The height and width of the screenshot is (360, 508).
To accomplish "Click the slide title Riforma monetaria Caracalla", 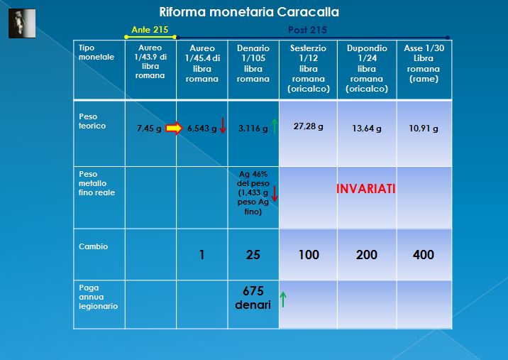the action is (249, 12).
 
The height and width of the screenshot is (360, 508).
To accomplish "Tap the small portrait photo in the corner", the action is (22, 23).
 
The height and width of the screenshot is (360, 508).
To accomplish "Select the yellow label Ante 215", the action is (150, 30).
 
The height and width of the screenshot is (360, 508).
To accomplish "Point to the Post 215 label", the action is (307, 30).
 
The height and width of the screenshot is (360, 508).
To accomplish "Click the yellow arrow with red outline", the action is (174, 128).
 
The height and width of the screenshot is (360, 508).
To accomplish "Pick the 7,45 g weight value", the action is (149, 129).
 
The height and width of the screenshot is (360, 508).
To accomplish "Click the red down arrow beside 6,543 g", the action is (223, 126).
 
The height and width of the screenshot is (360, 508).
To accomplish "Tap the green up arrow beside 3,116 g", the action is (275, 126).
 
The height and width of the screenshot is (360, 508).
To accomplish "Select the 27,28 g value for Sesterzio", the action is (308, 126).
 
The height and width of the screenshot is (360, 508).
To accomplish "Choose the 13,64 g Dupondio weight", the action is (367, 129).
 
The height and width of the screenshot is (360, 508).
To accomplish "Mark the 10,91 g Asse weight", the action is (424, 129).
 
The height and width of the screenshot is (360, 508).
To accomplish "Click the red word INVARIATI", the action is (366, 189).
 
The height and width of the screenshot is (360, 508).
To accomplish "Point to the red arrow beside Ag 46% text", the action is (275, 194).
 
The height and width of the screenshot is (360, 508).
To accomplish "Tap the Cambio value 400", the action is (424, 255).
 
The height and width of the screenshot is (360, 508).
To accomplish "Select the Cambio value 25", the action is (253, 255).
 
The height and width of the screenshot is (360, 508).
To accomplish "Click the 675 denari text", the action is (253, 298).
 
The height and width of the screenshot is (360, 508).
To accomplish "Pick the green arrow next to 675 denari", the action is (283, 299).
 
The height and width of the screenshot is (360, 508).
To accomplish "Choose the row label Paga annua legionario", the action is (98, 297).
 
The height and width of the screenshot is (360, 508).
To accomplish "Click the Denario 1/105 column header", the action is (253, 63).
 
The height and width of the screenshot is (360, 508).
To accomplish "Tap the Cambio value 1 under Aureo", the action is (201, 255).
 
